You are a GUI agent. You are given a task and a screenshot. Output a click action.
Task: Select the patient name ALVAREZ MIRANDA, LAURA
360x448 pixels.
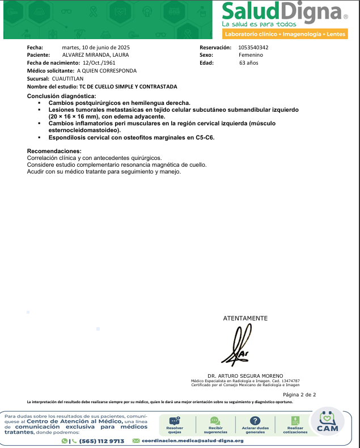[95, 55]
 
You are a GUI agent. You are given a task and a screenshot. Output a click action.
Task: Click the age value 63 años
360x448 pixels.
[248, 63]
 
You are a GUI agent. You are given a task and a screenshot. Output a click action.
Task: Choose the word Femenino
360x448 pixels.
[251, 55]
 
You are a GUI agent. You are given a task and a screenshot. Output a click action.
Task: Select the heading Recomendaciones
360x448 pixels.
[54, 151]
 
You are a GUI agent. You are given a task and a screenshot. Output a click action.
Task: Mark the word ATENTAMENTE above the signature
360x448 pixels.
[245, 318]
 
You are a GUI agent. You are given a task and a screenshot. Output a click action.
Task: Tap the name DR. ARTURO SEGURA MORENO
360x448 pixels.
[245, 375]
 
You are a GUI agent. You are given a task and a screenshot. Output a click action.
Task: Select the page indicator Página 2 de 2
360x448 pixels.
[299, 394]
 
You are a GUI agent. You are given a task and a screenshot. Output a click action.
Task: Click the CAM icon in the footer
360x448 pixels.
[327, 422]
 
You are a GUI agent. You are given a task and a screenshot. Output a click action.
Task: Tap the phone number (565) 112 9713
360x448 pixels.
[101, 441]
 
